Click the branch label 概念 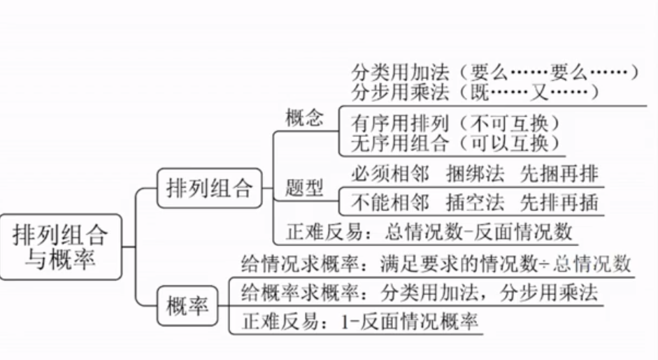(305, 117)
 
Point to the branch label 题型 (305, 188)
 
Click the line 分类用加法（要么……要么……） (494, 73)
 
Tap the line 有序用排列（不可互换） (456, 124)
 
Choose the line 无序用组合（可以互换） (456, 143)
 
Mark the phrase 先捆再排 (559, 173)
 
